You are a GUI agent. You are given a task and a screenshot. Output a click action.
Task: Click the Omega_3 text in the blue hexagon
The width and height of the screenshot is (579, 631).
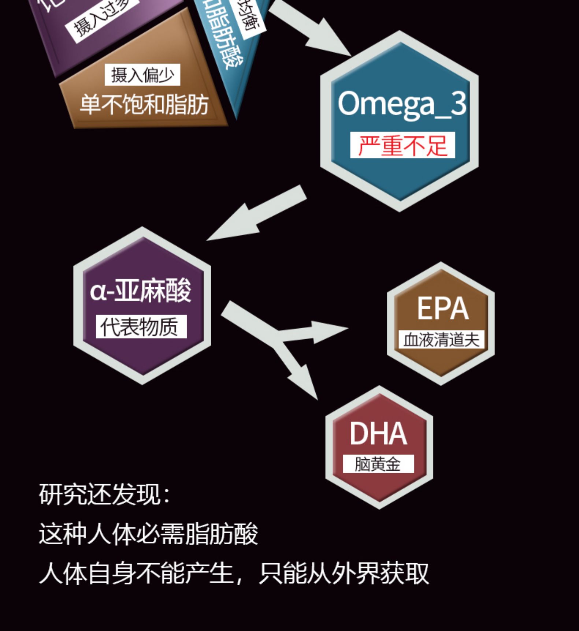(x=402, y=104)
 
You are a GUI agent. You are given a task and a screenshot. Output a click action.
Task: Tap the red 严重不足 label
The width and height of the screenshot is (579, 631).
(x=402, y=145)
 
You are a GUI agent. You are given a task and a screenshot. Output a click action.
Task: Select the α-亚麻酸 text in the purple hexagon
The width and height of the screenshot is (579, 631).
(x=141, y=291)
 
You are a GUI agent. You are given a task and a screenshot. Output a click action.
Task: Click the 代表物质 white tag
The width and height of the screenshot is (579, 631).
(x=141, y=326)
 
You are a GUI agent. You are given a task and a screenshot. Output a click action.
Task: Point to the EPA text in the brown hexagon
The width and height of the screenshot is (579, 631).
(x=442, y=309)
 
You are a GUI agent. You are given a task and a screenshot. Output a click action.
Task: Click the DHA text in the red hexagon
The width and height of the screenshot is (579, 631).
(x=378, y=434)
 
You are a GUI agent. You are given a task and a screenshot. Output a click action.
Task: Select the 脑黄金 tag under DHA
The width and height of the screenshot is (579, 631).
(x=378, y=464)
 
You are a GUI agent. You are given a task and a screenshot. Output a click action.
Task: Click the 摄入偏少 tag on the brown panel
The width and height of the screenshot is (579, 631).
(x=142, y=75)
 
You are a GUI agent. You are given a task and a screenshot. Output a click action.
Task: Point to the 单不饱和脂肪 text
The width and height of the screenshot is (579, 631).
(x=144, y=105)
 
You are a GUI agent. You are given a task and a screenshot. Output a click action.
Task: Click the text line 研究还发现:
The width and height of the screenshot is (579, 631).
(x=104, y=494)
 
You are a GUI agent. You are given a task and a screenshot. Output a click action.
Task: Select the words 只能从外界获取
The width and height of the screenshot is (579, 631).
(x=344, y=574)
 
